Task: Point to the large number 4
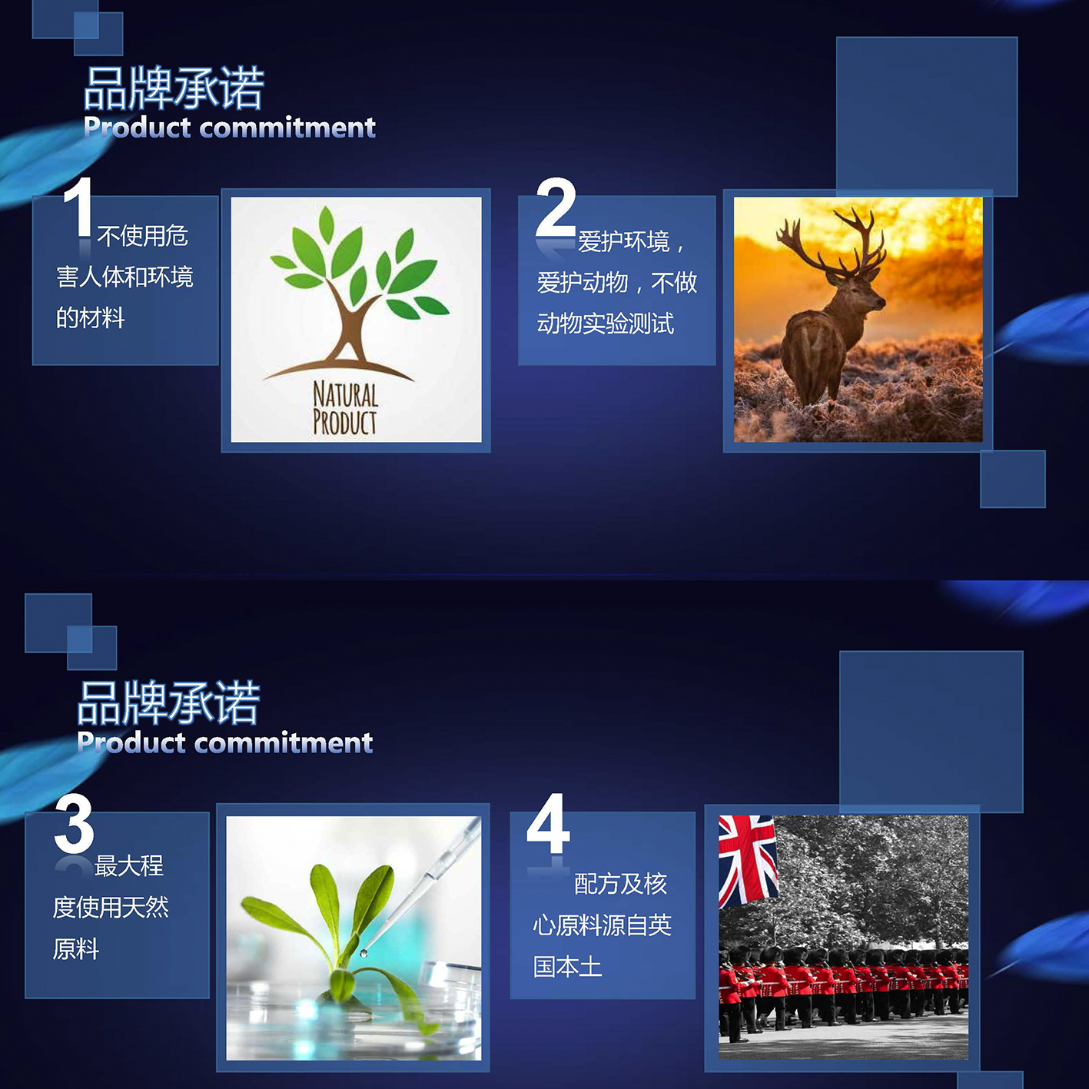pos(548,823)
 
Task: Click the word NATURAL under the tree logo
pos(345,394)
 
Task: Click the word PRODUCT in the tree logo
pos(345,422)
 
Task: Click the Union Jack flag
pos(747,860)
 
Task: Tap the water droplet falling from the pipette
pos(364,954)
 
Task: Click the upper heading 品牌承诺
pos(174,88)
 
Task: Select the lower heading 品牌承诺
pos(168,702)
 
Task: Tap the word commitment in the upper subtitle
pos(288,128)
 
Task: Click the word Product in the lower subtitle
pos(131,742)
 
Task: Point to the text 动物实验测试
pos(606,324)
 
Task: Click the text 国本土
pos(567,966)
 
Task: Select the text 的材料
pos(91,317)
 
